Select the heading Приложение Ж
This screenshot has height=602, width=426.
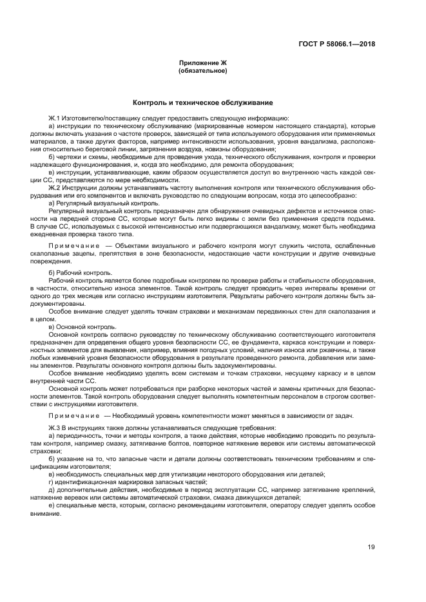[x=202, y=63]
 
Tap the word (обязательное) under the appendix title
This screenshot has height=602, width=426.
[x=202, y=70]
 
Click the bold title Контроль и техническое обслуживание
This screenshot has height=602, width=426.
[x=202, y=102]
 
